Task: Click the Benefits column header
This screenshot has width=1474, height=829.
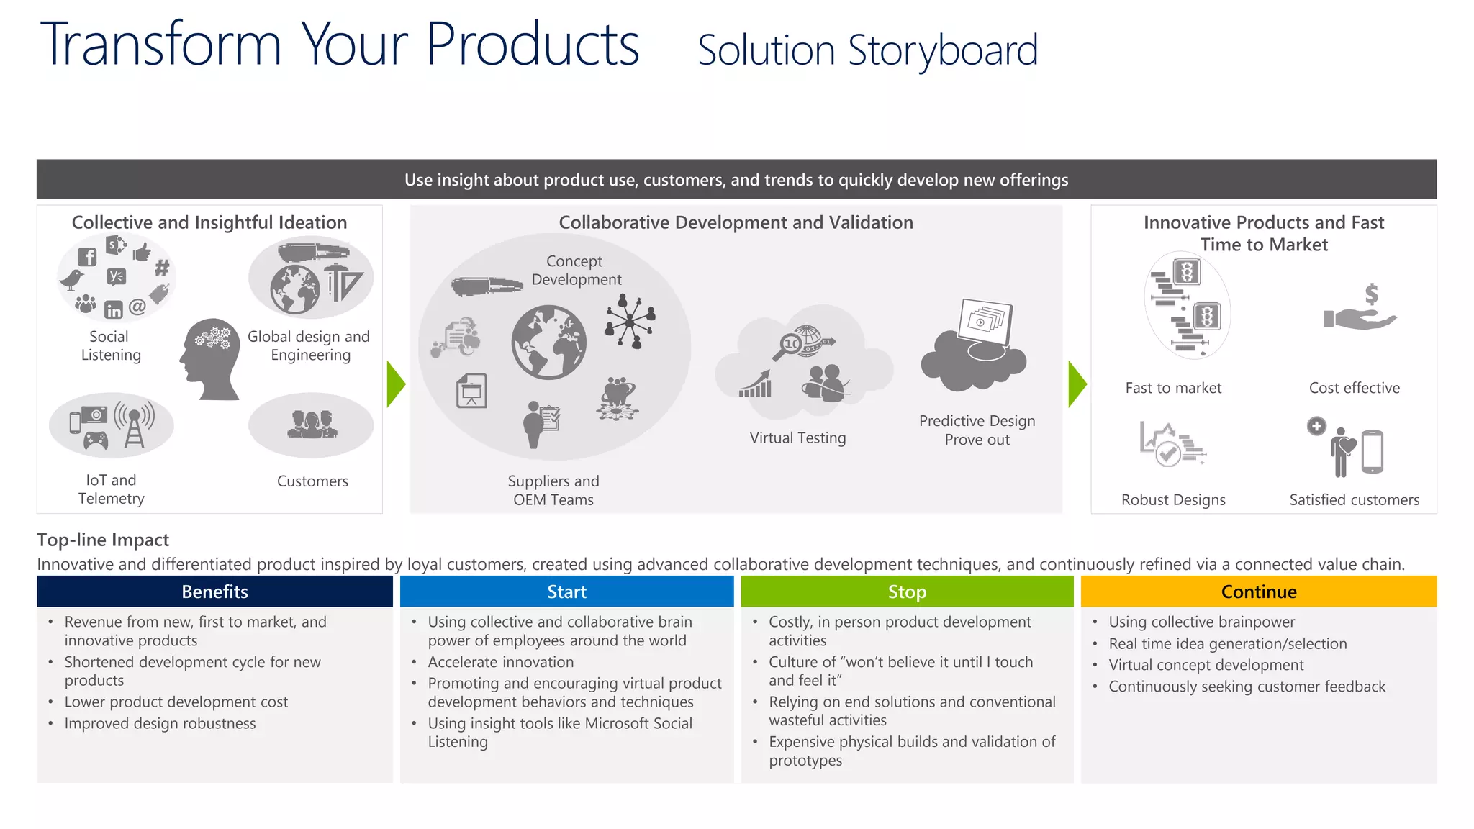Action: (214, 592)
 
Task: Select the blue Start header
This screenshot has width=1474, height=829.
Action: (566, 592)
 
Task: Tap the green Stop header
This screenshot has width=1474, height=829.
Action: (907, 592)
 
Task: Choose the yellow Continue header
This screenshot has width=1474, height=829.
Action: (1258, 592)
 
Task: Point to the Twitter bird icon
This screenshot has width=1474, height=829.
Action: (71, 279)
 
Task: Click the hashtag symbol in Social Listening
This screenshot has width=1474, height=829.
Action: (162, 268)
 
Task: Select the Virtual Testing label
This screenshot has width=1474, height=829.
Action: (797, 438)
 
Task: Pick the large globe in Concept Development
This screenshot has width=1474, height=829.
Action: (548, 343)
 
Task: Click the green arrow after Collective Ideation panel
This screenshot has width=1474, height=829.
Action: (395, 384)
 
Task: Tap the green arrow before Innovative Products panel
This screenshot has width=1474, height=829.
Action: (1077, 384)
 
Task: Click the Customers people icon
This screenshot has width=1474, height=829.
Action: (311, 425)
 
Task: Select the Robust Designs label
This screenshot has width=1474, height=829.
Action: (1173, 499)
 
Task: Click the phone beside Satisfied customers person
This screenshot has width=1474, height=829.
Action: (1372, 452)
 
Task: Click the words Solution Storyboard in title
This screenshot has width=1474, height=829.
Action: (867, 50)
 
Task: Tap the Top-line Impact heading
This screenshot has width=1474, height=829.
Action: (103, 540)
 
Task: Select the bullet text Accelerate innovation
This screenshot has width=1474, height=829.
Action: (500, 662)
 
